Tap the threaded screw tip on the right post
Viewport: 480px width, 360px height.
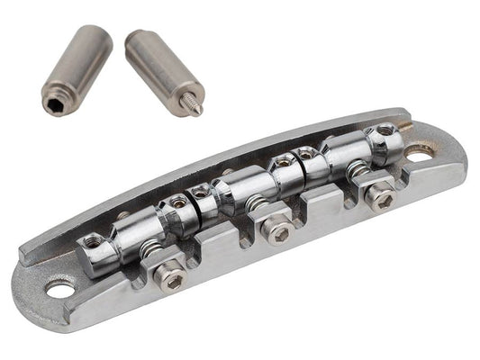[x=196, y=106]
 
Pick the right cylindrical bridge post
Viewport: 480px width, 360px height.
[x=163, y=71]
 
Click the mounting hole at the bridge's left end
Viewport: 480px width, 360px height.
[x=60, y=289]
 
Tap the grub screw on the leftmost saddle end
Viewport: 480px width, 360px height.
[x=92, y=241]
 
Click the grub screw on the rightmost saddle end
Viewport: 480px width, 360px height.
[x=385, y=130]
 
